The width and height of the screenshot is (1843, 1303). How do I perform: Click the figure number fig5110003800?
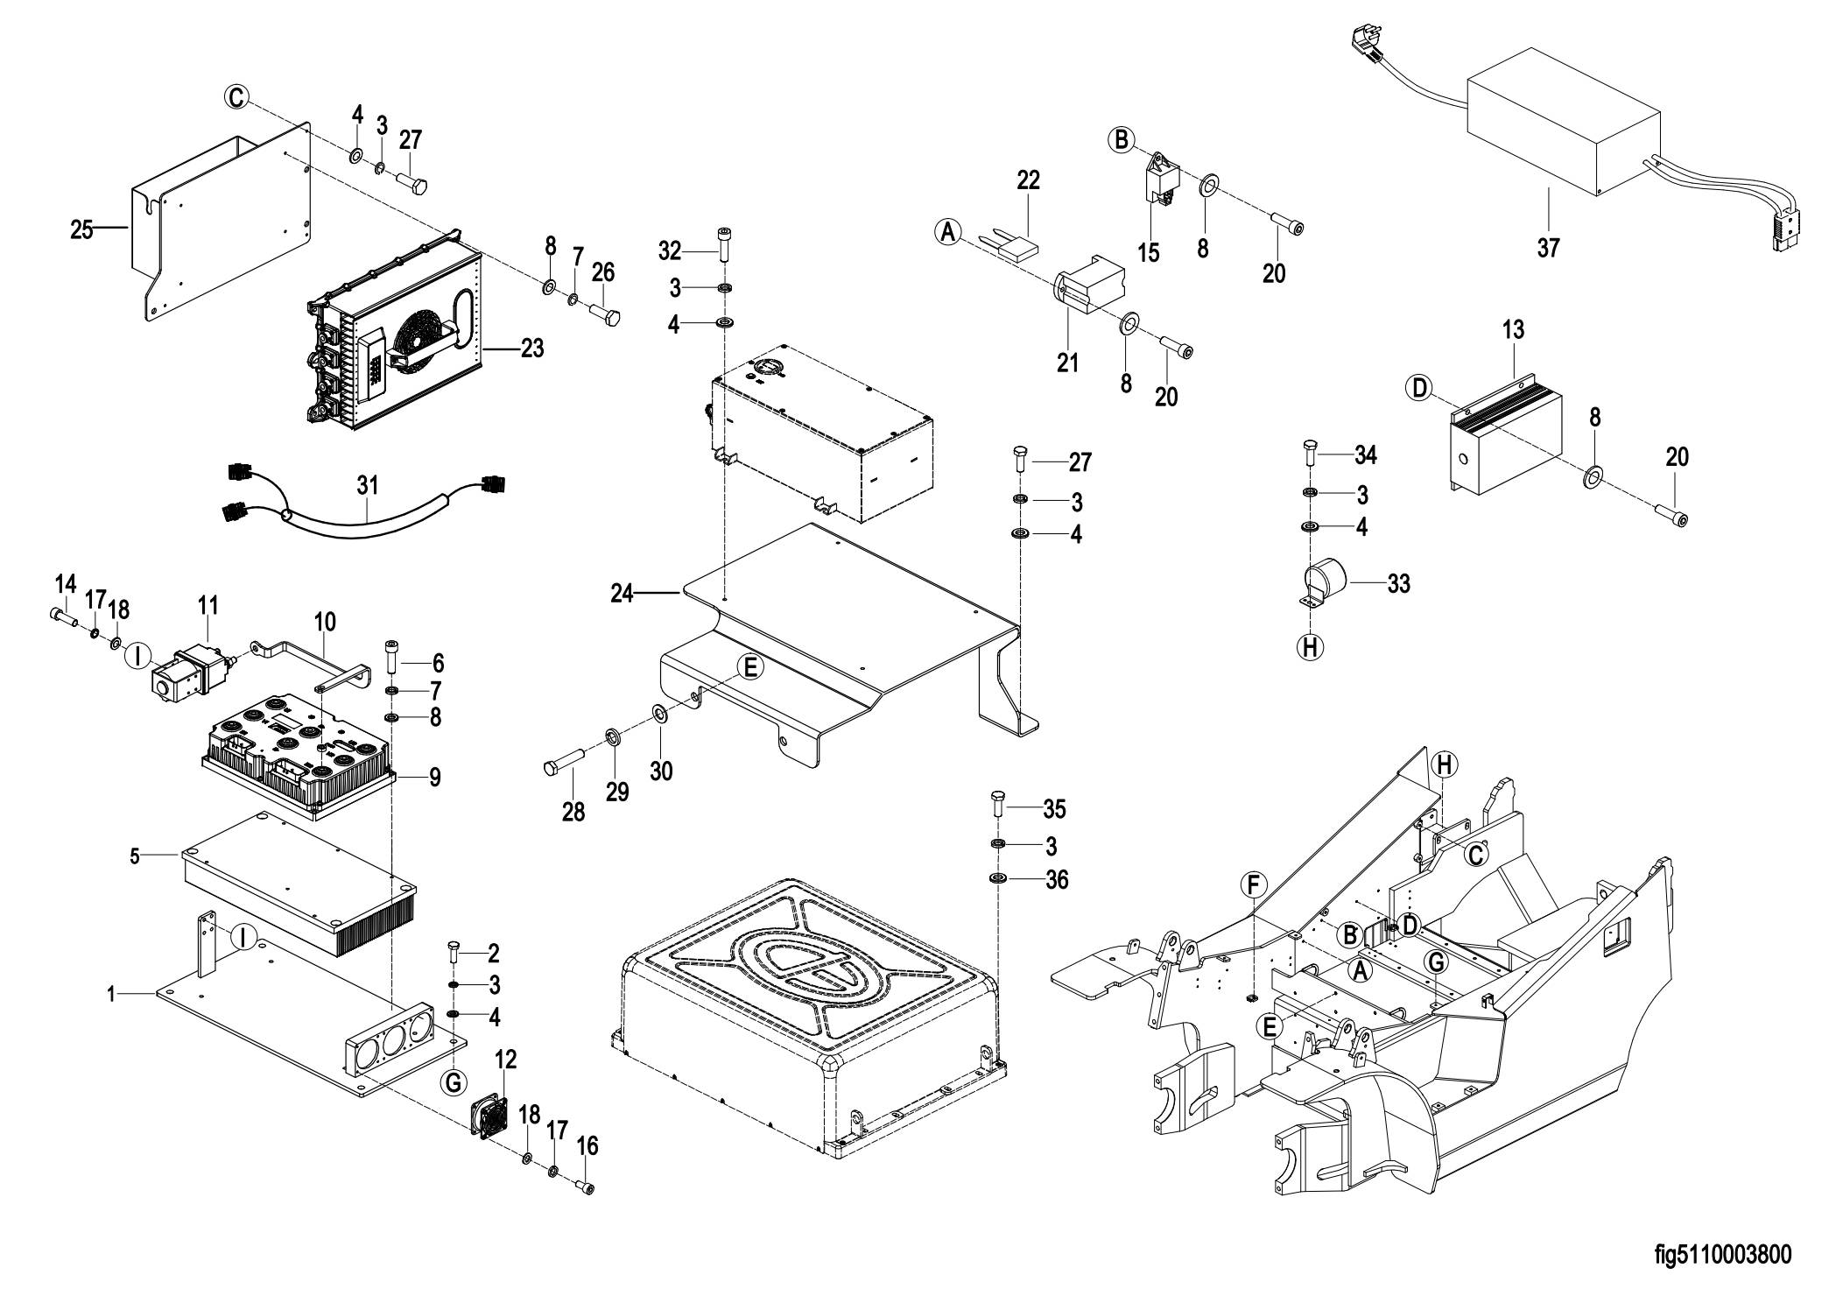[1722, 1255]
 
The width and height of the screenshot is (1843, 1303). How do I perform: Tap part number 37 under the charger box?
[1548, 248]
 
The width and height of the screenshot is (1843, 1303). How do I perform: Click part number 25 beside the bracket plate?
[81, 231]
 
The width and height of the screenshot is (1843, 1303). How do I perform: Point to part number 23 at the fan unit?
[531, 349]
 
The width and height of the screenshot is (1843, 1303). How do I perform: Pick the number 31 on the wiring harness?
[368, 484]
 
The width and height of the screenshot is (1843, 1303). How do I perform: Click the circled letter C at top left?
[236, 97]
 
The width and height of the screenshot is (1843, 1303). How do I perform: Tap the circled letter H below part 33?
[1310, 647]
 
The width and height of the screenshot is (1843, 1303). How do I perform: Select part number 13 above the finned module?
[1513, 330]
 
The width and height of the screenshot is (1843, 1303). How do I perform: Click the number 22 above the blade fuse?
[1028, 180]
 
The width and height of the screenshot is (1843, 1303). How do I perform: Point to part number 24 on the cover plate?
[622, 594]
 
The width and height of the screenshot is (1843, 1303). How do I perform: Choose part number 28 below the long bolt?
[573, 812]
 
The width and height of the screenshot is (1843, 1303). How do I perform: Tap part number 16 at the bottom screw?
[587, 1145]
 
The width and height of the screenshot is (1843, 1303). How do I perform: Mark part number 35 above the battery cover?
[1054, 809]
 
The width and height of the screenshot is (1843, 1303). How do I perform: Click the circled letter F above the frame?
[1253, 885]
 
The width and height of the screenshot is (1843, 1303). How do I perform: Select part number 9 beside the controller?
[434, 777]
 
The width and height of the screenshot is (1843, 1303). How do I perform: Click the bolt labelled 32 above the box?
[725, 242]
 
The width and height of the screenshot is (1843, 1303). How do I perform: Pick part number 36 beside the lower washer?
[1057, 879]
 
